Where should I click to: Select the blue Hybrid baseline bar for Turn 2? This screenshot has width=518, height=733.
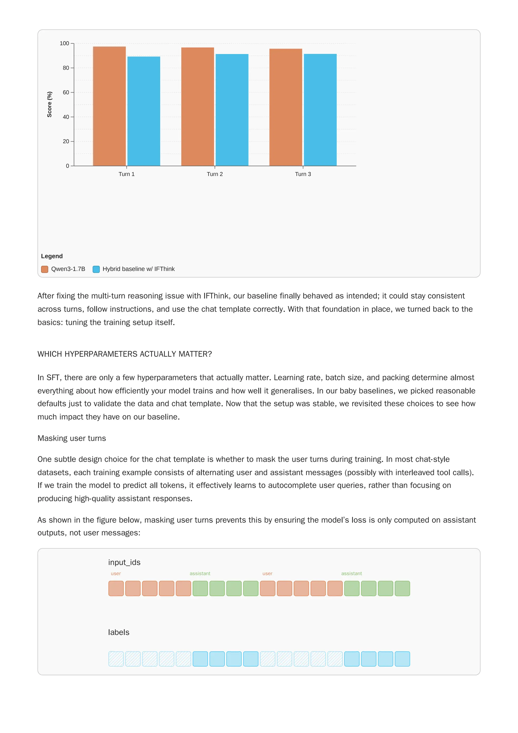pyautogui.click(x=232, y=110)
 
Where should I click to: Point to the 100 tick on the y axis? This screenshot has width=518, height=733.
pyautogui.click(x=64, y=44)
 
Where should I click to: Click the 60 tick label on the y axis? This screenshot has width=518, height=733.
pyautogui.click(x=66, y=93)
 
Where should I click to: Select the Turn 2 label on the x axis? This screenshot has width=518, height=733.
pyautogui.click(x=215, y=174)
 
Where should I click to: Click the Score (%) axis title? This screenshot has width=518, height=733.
pyautogui.click(x=50, y=104)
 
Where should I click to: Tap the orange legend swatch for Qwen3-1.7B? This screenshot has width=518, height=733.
pyautogui.click(x=45, y=269)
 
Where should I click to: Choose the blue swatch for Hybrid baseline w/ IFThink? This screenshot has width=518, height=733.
pyautogui.click(x=96, y=269)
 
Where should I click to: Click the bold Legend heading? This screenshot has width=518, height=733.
pyautogui.click(x=52, y=256)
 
